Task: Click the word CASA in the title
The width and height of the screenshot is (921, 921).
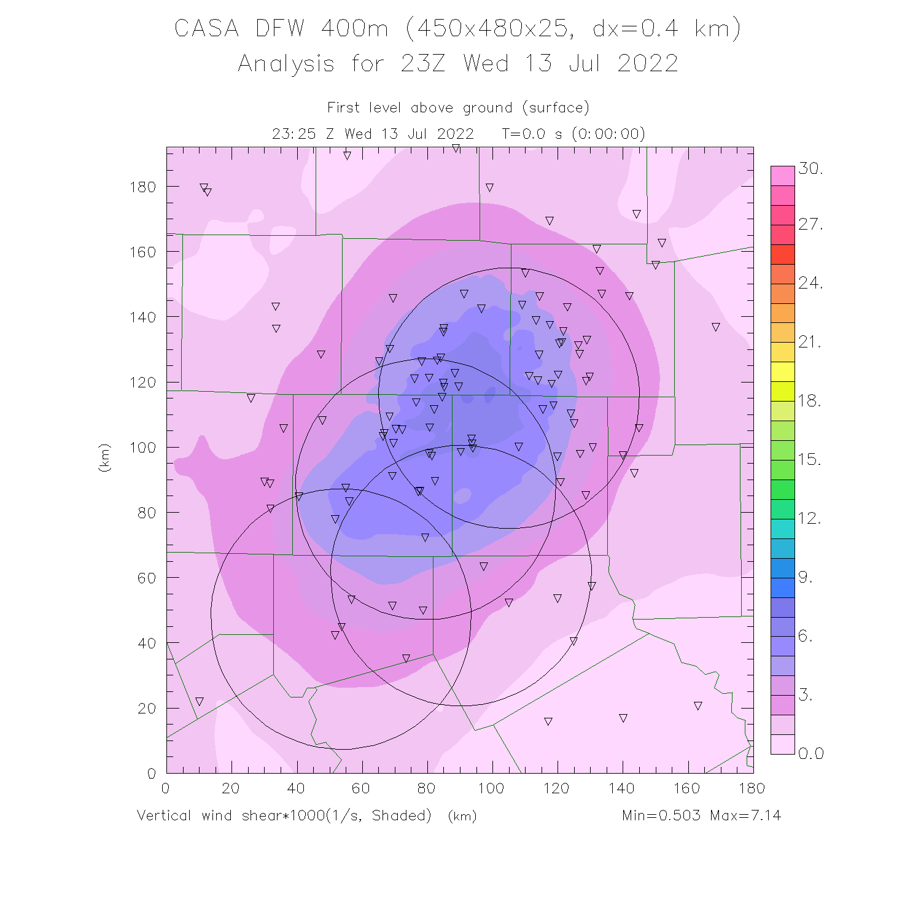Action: point(206,29)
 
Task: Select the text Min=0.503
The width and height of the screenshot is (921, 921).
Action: point(661,815)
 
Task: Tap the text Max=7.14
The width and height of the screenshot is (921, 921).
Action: point(745,815)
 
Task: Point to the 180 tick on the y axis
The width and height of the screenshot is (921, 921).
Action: point(142,187)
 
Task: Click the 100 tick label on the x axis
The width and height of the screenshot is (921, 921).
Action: point(491,788)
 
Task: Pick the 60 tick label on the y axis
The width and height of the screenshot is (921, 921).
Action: point(146,578)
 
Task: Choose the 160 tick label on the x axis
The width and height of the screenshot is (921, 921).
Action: point(687,788)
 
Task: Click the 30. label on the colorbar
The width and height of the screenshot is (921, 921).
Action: point(810,169)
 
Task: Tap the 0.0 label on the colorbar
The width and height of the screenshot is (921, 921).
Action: point(810,753)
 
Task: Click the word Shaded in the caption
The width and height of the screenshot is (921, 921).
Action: point(401,815)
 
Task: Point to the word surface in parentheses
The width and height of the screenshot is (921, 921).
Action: point(556,108)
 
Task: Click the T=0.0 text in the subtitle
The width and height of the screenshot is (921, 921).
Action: point(523,134)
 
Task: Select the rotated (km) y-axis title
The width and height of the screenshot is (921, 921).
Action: point(104,457)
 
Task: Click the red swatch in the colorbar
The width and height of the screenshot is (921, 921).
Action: point(783,254)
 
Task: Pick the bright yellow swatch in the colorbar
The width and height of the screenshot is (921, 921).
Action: point(783,372)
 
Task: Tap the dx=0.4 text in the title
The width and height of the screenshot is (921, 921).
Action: point(635,29)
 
